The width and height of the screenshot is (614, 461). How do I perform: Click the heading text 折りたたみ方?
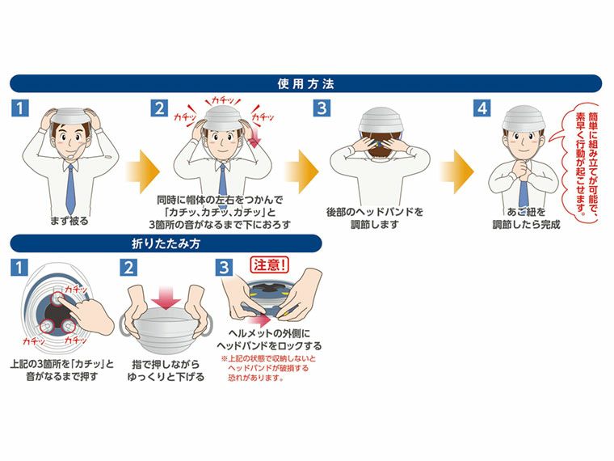(166, 243)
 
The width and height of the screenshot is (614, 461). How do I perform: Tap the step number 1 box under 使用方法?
(20, 108)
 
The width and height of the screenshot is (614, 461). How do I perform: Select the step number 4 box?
(482, 108)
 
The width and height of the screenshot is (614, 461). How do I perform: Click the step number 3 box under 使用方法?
(322, 108)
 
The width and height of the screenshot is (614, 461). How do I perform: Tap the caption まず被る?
(69, 220)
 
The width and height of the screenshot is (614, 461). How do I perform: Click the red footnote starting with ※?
(270, 370)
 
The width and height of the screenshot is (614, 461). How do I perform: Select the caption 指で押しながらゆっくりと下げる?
(166, 371)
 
